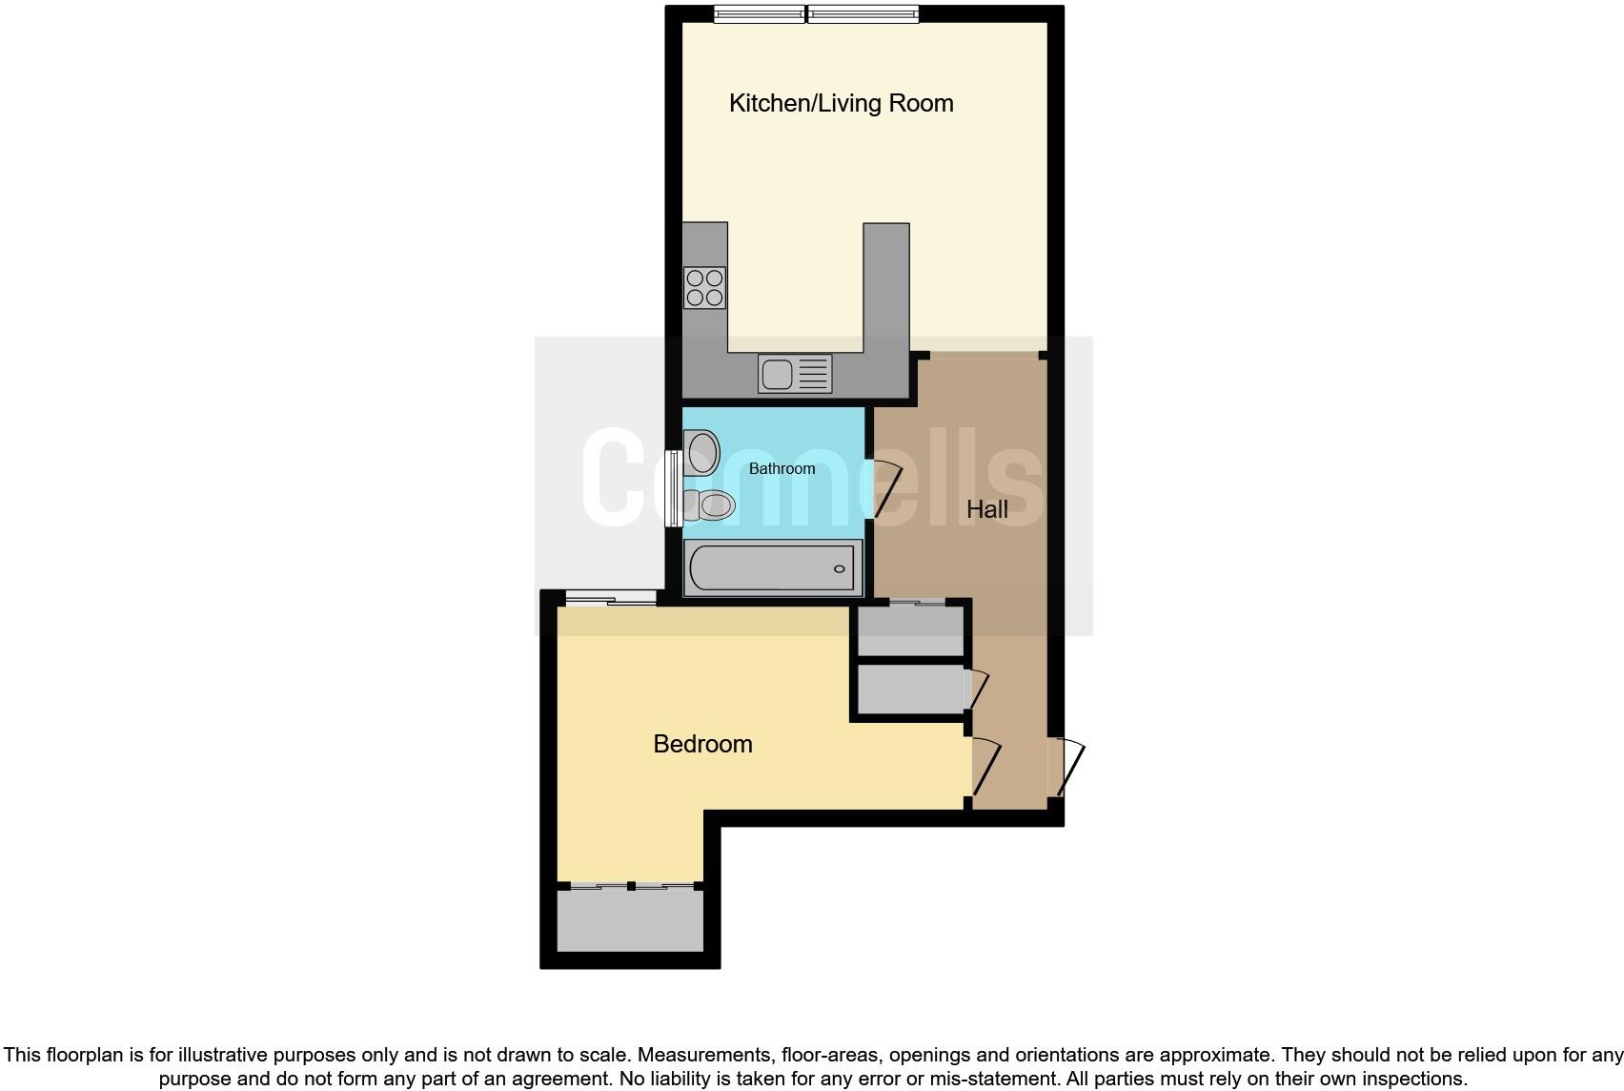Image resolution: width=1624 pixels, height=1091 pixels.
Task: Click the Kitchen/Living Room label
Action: click(x=841, y=103)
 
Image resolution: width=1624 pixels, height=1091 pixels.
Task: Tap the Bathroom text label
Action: click(x=782, y=468)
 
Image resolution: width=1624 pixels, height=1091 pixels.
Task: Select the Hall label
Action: click(x=986, y=509)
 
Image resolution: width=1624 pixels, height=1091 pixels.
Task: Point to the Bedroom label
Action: click(x=702, y=744)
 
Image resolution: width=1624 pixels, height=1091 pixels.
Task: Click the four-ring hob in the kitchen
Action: click(x=704, y=288)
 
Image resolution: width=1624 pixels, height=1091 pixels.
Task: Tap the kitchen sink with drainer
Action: click(x=795, y=373)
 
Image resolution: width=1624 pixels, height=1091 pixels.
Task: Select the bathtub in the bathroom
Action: click(x=773, y=568)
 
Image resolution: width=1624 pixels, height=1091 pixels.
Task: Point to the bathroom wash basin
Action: click(x=702, y=451)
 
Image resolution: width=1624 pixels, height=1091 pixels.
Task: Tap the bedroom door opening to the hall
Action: click(x=985, y=768)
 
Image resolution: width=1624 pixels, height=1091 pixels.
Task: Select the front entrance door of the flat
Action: click(x=1068, y=768)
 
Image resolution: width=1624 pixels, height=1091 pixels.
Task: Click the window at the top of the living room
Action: click(x=816, y=14)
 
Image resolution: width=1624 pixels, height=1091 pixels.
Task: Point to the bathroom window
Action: click(x=673, y=488)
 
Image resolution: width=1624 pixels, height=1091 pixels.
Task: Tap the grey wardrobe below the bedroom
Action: click(x=630, y=919)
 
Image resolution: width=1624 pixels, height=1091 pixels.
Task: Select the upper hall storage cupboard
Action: click(x=910, y=631)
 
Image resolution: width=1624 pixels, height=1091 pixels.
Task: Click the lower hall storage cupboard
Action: click(x=910, y=689)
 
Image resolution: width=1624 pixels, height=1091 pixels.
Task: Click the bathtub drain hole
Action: click(x=840, y=569)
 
